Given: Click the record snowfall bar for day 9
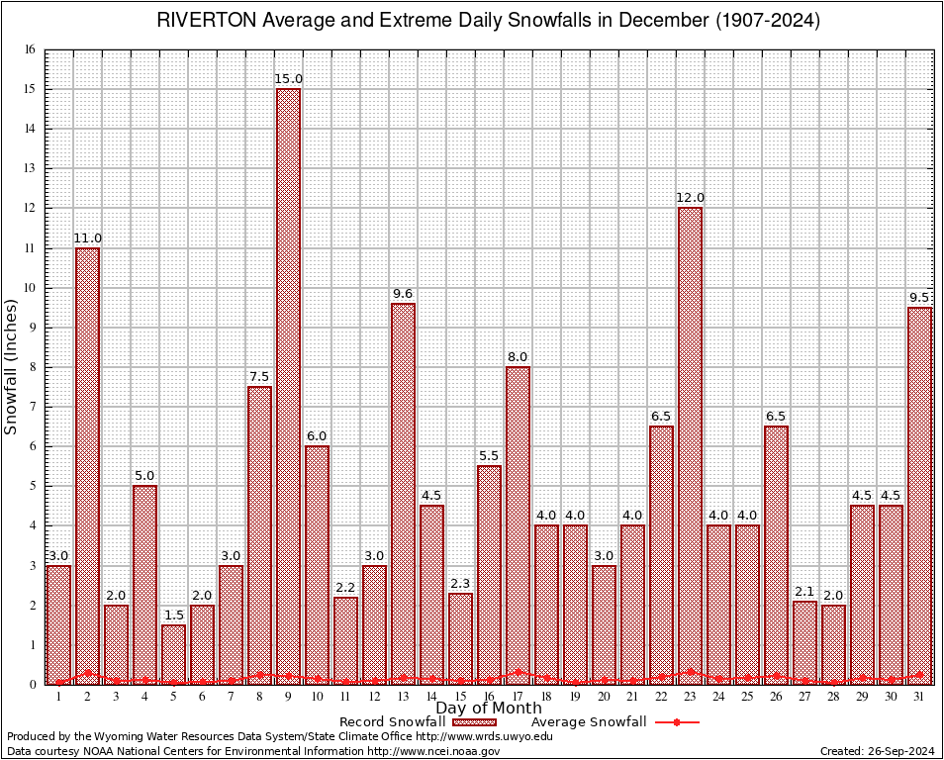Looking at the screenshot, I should coord(288,386).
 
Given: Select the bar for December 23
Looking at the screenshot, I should coord(690,445).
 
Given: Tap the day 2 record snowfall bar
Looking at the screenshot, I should coord(87,465).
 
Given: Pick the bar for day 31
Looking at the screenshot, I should coord(919,495).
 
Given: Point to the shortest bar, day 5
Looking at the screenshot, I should coord(173,654).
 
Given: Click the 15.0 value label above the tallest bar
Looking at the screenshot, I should coord(289,79).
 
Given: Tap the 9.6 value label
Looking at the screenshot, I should coord(403,294).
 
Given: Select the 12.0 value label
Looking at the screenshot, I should coord(690,198).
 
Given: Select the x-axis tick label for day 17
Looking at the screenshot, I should coord(518,697).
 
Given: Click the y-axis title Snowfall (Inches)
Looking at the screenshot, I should coord(12,366).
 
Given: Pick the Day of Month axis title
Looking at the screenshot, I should coord(489,709).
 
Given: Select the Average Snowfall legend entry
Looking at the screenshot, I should coord(588,722).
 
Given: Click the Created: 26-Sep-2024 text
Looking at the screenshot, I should coord(876,752).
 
